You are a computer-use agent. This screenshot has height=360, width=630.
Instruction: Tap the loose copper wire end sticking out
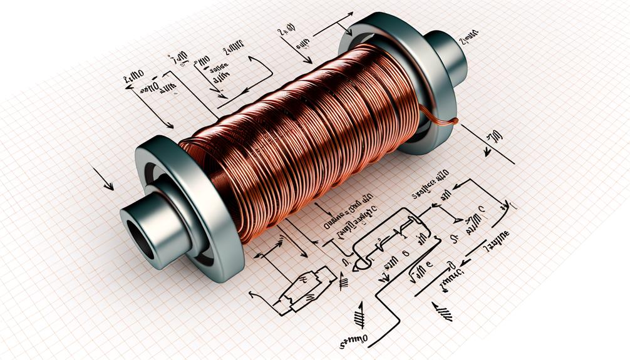click(x=453, y=121)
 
